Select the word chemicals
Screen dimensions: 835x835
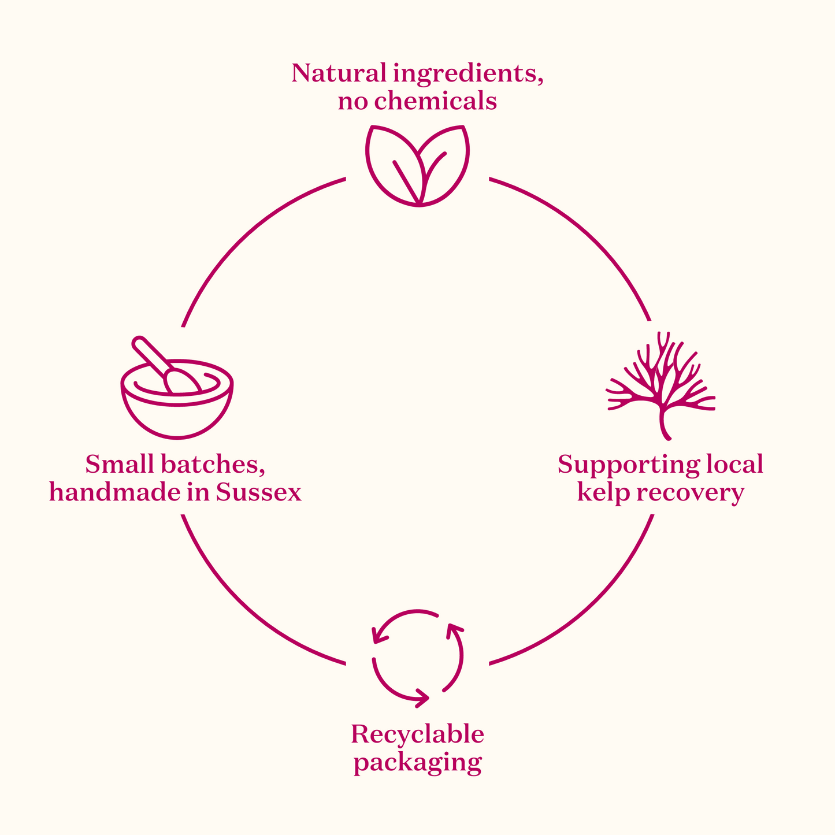[435, 102]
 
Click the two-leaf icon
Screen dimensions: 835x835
[417, 165]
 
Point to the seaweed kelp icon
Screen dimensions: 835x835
[661, 384]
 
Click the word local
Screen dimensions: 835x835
[735, 464]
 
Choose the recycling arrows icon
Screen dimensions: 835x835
[417, 658]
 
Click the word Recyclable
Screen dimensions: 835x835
[417, 734]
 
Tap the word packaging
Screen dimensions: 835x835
[417, 763]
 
